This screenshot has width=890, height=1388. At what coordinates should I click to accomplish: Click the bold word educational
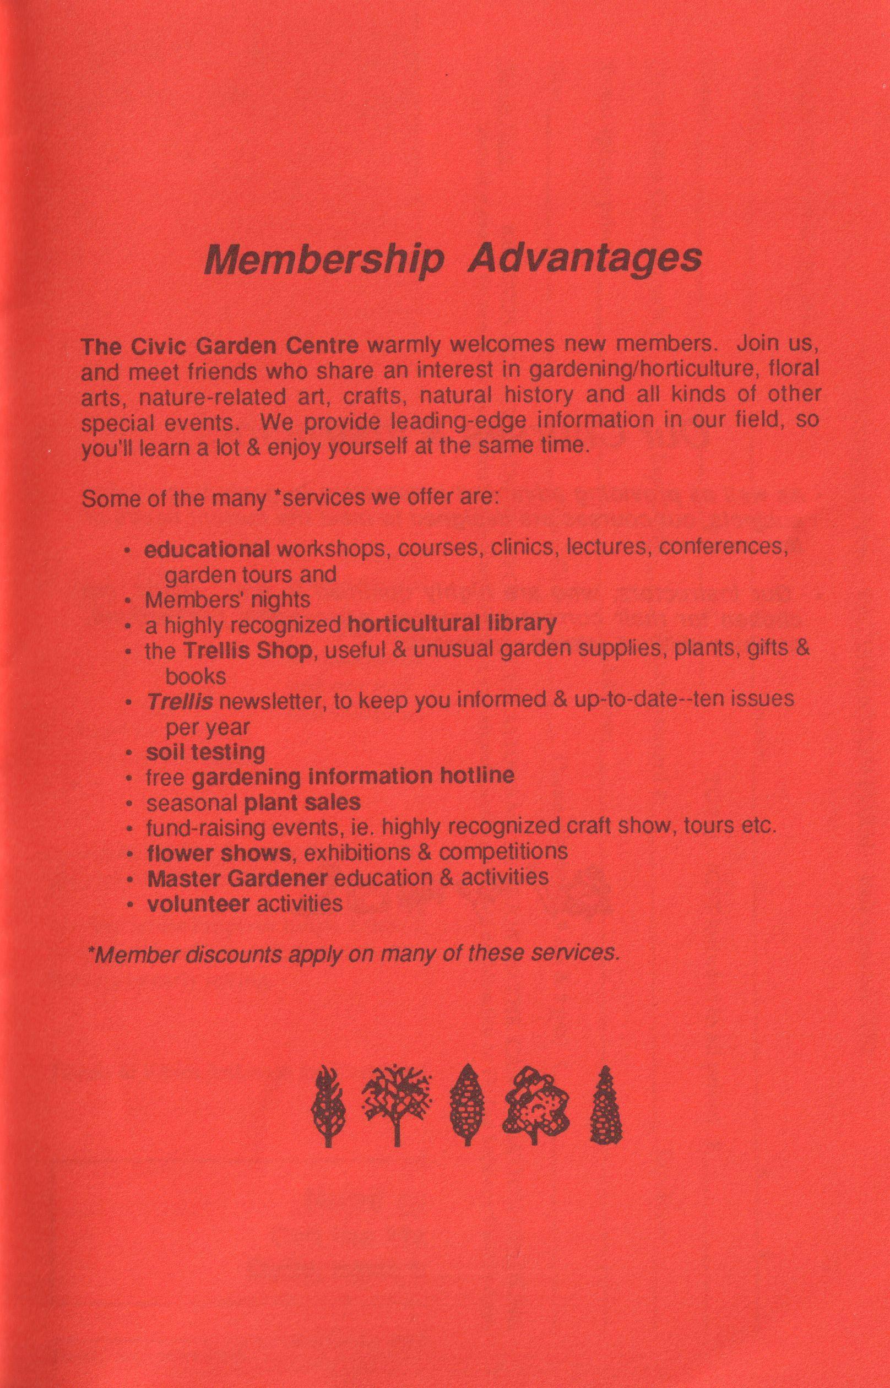pyautogui.click(x=207, y=549)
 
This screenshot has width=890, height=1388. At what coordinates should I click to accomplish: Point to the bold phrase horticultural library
pyautogui.click(x=453, y=623)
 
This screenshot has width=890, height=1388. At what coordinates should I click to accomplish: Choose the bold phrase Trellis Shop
pyautogui.click(x=248, y=650)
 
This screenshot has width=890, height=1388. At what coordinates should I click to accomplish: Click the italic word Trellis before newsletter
pyautogui.click(x=180, y=702)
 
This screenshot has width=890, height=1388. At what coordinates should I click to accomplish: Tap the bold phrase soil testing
pyautogui.click(x=205, y=752)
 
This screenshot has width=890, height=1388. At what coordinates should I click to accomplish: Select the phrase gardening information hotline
pyautogui.click(x=352, y=777)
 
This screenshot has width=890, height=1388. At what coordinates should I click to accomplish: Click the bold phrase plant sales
pyautogui.click(x=302, y=803)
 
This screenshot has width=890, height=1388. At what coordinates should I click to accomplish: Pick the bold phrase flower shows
pyautogui.click(x=219, y=852)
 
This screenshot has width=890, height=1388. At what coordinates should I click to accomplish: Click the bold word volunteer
pyautogui.click(x=198, y=903)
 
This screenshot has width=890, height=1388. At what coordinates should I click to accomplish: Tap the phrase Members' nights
pyautogui.click(x=227, y=600)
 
